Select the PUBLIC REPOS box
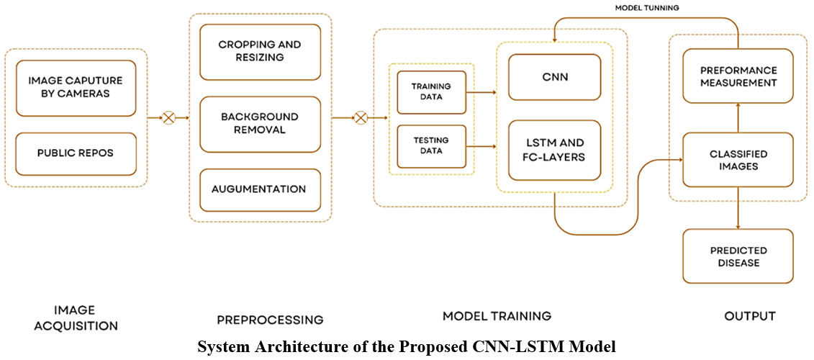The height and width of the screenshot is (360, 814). [76, 153]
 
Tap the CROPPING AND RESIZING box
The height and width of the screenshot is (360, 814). [260, 51]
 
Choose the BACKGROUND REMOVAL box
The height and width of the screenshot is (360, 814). [260, 124]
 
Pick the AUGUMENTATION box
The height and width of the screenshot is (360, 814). [260, 189]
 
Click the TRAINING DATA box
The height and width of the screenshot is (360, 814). [431, 91]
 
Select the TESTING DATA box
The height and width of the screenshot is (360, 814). [431, 146]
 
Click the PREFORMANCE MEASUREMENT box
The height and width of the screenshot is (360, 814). [738, 76]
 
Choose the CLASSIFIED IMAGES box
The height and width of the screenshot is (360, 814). [738, 160]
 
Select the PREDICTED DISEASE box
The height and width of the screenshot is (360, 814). [738, 256]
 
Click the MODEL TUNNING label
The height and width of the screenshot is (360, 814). [646, 8]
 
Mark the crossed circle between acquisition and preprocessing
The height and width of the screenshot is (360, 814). [168, 117]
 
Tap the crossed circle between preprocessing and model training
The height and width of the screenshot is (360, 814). [361, 117]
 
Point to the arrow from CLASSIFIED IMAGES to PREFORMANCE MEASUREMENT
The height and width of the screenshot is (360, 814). [738, 118]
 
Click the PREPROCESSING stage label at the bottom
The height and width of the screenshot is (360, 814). [270, 319]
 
